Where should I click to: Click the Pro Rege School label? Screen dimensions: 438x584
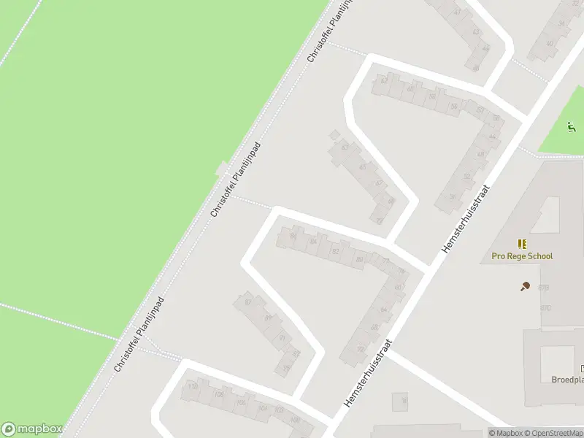point(522,256)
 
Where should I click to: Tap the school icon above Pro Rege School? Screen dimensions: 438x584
point(522,244)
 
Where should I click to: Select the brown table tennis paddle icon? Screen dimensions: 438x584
point(525,287)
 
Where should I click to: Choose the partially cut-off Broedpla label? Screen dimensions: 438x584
point(568,380)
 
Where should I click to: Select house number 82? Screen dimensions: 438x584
point(336,251)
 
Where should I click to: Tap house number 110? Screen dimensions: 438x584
point(193,386)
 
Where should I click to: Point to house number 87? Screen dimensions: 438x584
point(248,302)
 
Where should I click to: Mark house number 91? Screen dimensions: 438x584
point(283,338)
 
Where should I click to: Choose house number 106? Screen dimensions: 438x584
point(220,395)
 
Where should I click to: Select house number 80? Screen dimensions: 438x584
point(358,259)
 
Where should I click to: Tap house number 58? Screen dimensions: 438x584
point(453,107)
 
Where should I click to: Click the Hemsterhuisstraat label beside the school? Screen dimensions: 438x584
point(464,219)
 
